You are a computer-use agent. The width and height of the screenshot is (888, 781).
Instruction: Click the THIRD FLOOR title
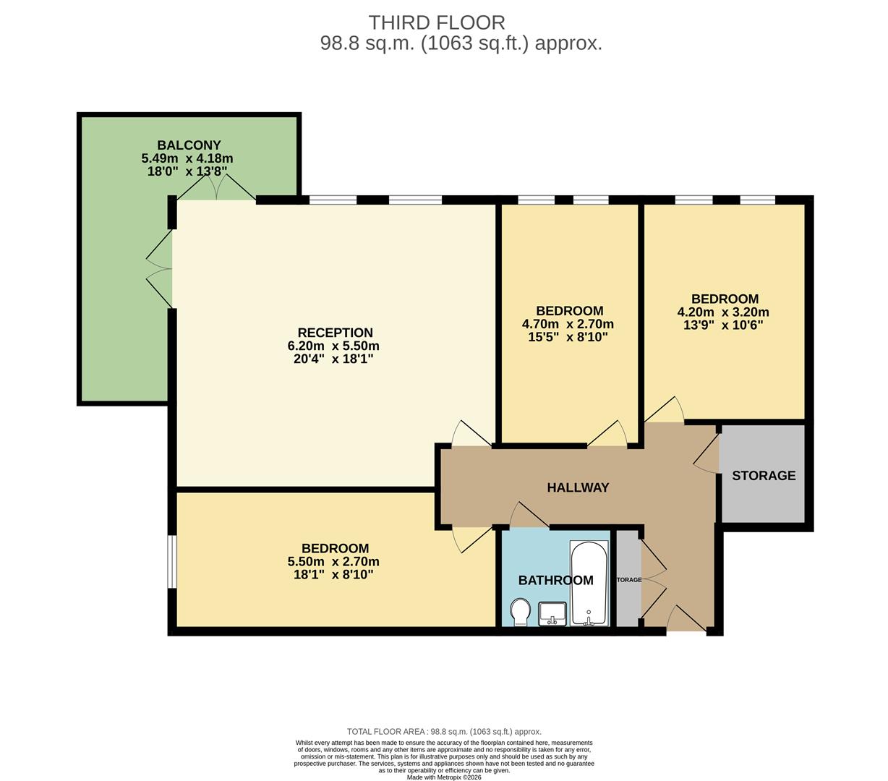436,22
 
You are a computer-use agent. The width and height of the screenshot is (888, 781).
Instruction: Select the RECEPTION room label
335,333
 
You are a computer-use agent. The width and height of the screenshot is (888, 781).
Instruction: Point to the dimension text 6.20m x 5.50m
333,346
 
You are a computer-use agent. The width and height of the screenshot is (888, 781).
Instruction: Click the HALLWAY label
578,487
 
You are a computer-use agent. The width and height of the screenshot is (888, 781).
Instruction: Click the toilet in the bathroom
520,612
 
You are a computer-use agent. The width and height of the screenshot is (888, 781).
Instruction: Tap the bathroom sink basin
553,613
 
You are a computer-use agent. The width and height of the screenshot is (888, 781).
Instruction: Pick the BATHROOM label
555,580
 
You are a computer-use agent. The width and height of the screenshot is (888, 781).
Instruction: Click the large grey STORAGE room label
764,475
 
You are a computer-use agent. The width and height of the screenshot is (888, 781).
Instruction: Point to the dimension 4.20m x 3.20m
722,312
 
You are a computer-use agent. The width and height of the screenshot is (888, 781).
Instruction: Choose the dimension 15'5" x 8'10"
567,337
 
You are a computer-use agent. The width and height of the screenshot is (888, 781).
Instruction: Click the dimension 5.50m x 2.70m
333,562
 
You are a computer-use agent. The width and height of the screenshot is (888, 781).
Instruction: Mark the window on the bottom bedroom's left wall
172,561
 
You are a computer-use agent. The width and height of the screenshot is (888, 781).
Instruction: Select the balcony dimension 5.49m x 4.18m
187,158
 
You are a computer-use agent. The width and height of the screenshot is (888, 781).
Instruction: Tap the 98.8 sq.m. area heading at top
461,43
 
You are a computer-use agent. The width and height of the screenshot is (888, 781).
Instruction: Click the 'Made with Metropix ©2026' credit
443,777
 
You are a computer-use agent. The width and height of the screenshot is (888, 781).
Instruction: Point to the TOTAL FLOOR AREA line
443,732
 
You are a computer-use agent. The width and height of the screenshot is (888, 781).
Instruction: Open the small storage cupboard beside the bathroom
628,579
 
